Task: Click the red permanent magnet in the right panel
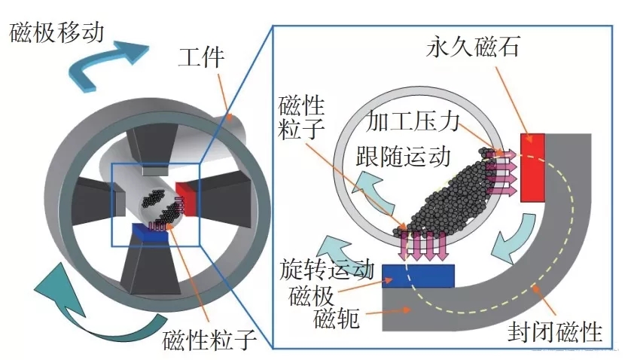coord(533,167)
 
